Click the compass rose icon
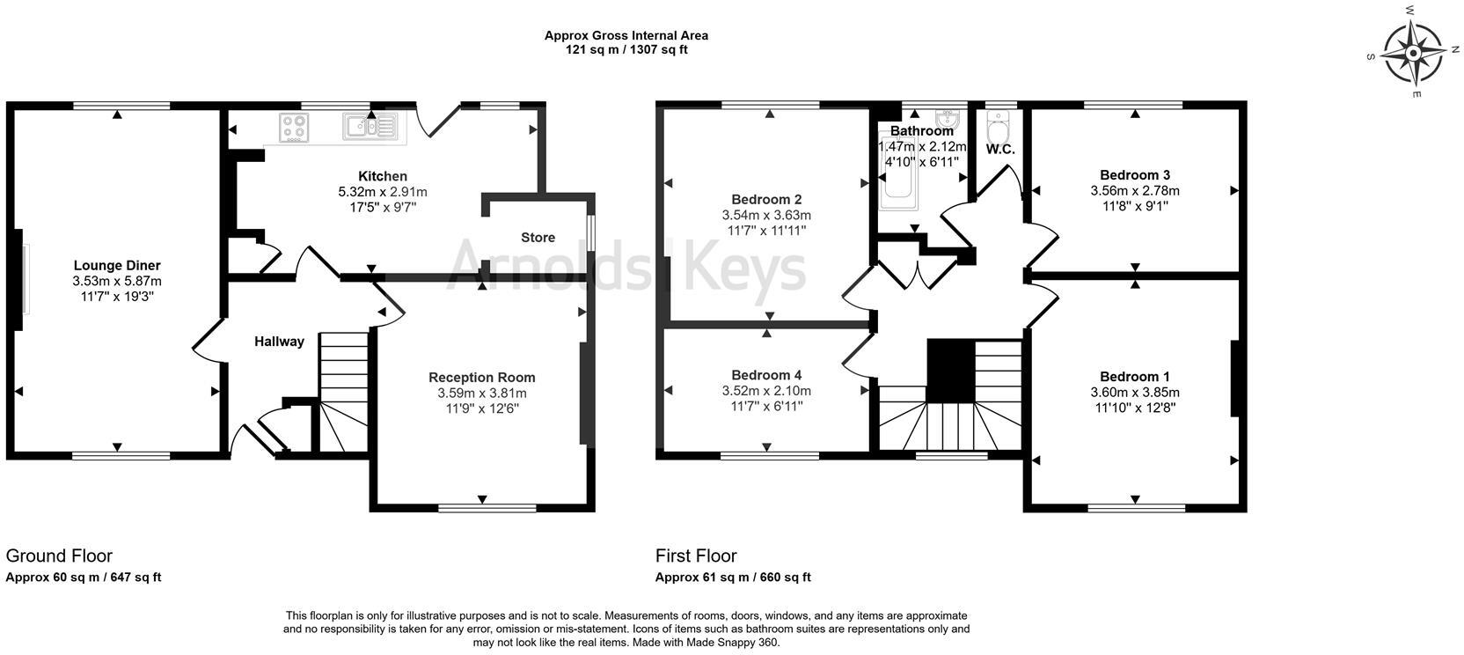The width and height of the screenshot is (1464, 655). pyautogui.click(x=1412, y=54)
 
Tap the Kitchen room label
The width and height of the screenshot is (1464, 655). pyautogui.click(x=383, y=176)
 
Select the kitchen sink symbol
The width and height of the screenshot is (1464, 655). pyautogui.click(x=370, y=128)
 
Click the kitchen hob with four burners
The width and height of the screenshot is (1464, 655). pyautogui.click(x=293, y=128)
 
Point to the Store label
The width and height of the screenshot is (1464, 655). pyautogui.click(x=538, y=238)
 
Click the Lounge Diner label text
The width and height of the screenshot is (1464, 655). pyautogui.click(x=117, y=265)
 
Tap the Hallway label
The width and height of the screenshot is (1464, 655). pyautogui.click(x=279, y=342)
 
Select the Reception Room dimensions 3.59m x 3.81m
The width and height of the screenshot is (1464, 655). pyautogui.click(x=482, y=393)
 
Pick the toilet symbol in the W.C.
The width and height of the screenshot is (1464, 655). pyautogui.click(x=998, y=131)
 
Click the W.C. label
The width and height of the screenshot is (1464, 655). pyautogui.click(x=1000, y=150)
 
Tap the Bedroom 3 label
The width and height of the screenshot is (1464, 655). pyautogui.click(x=1135, y=174)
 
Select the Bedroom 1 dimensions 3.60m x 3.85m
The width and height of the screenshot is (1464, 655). pyautogui.click(x=1135, y=392)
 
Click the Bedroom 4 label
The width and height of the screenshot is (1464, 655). pyautogui.click(x=766, y=375)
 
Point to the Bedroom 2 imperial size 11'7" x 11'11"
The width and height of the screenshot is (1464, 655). pyautogui.click(x=766, y=231)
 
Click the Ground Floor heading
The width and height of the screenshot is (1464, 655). pyautogui.click(x=59, y=556)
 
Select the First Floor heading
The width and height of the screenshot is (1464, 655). pyautogui.click(x=696, y=556)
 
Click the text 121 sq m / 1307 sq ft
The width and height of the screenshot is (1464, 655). pyautogui.click(x=626, y=50)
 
